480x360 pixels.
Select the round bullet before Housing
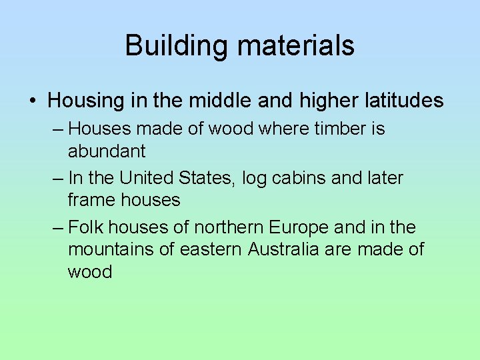[33, 101]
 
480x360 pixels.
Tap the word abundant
[107, 151]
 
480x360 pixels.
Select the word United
[147, 178]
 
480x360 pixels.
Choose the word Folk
[83, 227]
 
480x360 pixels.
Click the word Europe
[299, 227]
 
